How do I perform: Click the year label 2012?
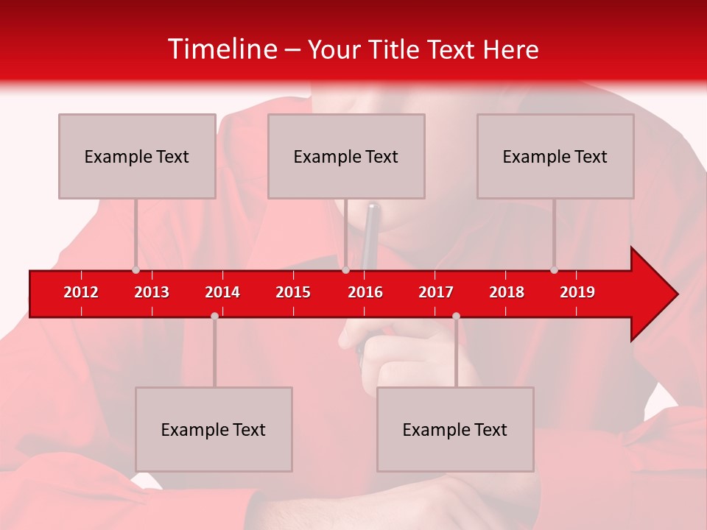81,292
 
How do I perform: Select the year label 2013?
152,292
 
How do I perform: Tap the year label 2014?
222,292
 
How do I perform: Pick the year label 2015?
293,292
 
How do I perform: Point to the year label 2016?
365,292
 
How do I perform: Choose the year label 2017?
436,292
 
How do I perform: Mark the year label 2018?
507,292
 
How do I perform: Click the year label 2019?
577,292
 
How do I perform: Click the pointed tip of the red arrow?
675,294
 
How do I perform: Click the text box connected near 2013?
137,156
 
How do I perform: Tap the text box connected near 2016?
346,156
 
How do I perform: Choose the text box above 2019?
555,156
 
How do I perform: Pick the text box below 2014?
214,429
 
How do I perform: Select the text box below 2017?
455,429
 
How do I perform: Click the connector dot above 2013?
136,270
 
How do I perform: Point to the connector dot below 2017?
456,316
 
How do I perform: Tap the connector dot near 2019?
554,270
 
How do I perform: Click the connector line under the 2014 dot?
214,353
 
